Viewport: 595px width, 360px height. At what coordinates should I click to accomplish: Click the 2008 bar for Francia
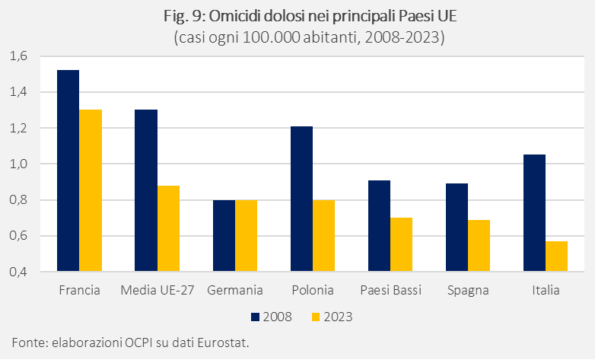pyautogui.click(x=68, y=170)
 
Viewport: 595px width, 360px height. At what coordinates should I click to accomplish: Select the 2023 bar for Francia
pyautogui.click(x=91, y=190)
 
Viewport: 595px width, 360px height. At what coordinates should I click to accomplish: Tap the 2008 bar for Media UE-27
pyautogui.click(x=146, y=190)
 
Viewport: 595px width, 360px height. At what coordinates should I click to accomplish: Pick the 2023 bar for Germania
pyautogui.click(x=246, y=235)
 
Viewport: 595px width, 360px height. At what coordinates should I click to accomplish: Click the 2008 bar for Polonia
pyautogui.click(x=301, y=199)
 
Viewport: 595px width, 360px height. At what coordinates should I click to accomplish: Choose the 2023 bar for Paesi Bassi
pyautogui.click(x=401, y=244)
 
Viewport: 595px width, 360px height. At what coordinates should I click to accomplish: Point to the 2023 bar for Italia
pyautogui.click(x=556, y=256)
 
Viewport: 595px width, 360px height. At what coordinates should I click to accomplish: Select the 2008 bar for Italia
pyautogui.click(x=534, y=212)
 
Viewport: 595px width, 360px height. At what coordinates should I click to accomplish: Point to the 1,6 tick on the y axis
pyautogui.click(x=17, y=56)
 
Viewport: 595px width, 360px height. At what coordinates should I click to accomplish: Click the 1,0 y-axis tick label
pyautogui.click(x=17, y=164)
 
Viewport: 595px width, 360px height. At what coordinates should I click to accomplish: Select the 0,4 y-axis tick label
pyautogui.click(x=17, y=272)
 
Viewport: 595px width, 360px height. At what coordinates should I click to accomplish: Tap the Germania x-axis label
pyautogui.click(x=234, y=291)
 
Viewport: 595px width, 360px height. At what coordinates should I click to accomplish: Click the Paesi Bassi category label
pyautogui.click(x=390, y=291)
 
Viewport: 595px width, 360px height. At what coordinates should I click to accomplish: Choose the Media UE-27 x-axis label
pyautogui.click(x=157, y=291)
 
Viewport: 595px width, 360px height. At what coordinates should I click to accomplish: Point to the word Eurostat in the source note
pyautogui.click(x=223, y=342)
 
